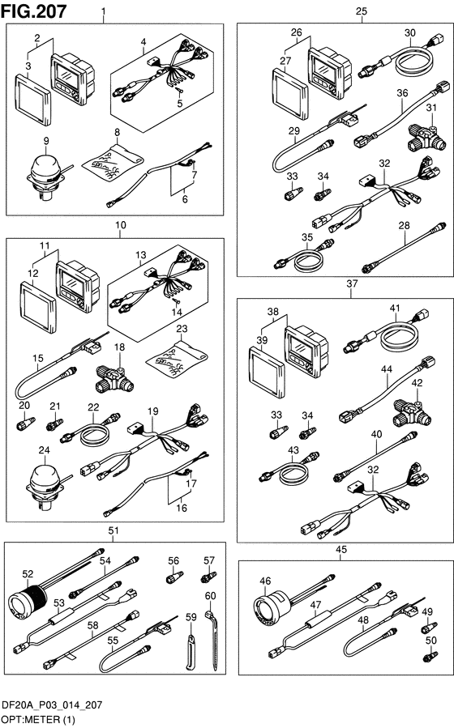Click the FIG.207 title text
pos(34,11)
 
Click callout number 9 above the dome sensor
pos(46,141)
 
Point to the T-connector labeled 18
pos(114,378)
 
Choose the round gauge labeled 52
pos(28,604)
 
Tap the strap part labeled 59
pos(191,651)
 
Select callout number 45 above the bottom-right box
pos(341,550)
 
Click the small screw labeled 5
pos(179,92)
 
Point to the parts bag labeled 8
pos(113,163)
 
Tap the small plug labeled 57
pos(208,577)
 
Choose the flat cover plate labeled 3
pos(32,99)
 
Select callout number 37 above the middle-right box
pos(352,283)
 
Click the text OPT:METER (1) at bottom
pos(38,720)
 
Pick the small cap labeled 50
pos(430,657)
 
